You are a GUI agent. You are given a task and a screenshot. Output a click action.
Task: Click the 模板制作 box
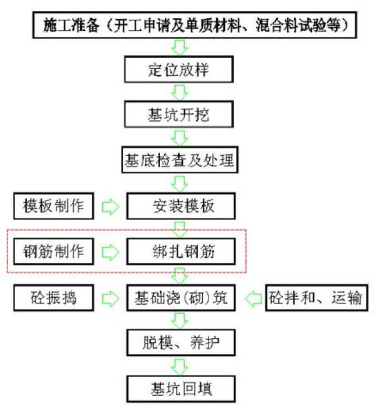coord(54,206)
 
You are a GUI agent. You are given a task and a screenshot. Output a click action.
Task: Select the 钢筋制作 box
coord(54,252)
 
